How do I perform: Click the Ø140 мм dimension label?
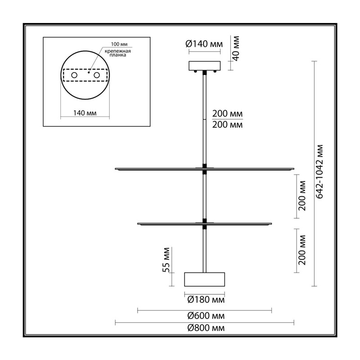204,44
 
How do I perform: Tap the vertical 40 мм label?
236,48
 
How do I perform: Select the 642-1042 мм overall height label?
319,171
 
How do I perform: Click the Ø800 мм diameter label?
206,328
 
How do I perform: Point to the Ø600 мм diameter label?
206,316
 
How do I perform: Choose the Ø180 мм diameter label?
206,299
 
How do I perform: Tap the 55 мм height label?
166,260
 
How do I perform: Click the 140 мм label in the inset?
85,113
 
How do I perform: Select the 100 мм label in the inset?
119,44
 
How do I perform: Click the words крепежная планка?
118,53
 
